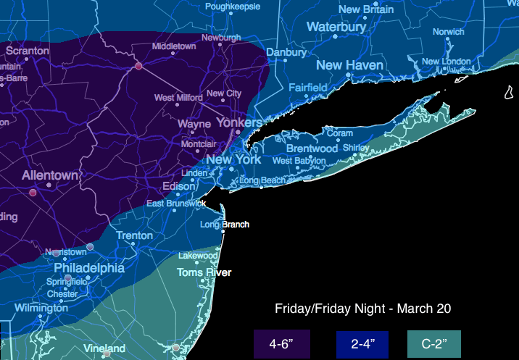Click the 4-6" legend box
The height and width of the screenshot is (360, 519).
282,343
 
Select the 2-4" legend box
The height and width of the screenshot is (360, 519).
362,343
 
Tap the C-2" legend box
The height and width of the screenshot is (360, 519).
435,343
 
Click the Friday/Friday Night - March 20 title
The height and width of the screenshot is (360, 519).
362,309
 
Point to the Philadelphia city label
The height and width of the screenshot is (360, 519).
89,267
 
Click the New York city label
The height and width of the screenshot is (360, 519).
233,159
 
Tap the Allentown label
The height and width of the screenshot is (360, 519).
49,176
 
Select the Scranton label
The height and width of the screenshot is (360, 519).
28,51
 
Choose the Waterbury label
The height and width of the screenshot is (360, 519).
336,27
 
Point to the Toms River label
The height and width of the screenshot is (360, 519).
204,273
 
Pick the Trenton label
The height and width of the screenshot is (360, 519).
135,235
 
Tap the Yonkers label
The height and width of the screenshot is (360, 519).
239,123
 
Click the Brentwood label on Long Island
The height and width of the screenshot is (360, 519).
312,148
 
